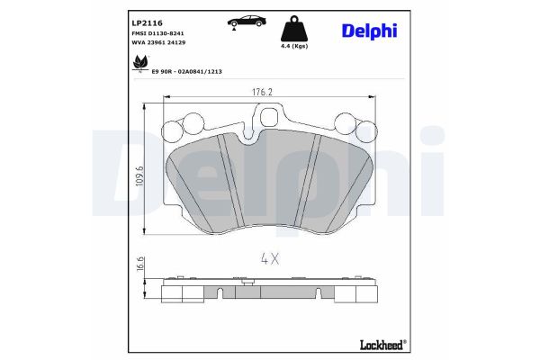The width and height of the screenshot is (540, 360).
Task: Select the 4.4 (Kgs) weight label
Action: tap(294, 46)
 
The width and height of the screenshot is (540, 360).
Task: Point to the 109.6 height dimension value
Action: tap(140, 179)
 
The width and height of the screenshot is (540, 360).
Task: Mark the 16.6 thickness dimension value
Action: tap(140, 264)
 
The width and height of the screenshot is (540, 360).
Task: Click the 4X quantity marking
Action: tap(270, 257)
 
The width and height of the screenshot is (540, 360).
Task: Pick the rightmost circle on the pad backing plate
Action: tap(364, 131)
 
